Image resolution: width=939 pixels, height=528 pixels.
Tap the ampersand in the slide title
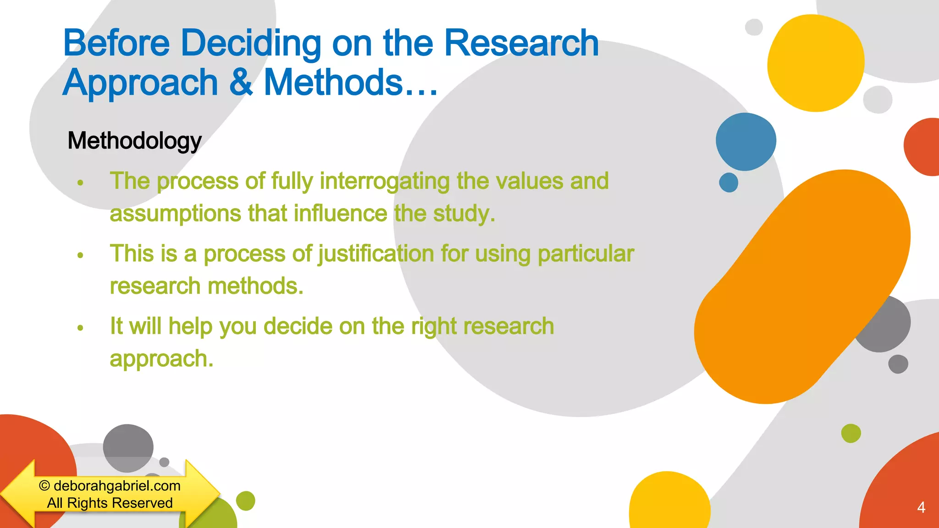(x=241, y=82)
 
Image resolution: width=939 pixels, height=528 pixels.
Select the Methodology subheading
(x=134, y=141)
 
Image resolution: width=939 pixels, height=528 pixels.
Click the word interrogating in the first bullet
(x=384, y=181)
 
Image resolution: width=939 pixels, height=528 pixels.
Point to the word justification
(x=376, y=254)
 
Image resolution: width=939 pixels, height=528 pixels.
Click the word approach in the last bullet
(x=161, y=359)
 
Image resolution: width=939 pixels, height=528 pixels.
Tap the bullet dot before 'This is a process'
(x=80, y=255)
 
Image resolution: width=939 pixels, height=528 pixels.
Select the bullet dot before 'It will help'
(x=80, y=328)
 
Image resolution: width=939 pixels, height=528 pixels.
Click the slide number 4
(x=921, y=507)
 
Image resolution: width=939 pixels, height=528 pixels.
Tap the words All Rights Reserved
(x=110, y=503)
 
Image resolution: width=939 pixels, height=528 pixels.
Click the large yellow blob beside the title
(x=815, y=63)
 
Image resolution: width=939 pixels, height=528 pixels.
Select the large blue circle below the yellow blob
(x=746, y=142)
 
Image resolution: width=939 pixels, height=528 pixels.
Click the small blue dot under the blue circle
(x=729, y=182)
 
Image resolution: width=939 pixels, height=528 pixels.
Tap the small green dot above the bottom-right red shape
(x=851, y=433)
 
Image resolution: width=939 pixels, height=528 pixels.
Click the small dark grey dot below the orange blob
(x=898, y=364)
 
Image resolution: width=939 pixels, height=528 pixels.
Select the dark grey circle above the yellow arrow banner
(x=128, y=447)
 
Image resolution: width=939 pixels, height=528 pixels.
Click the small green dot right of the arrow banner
(x=245, y=501)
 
